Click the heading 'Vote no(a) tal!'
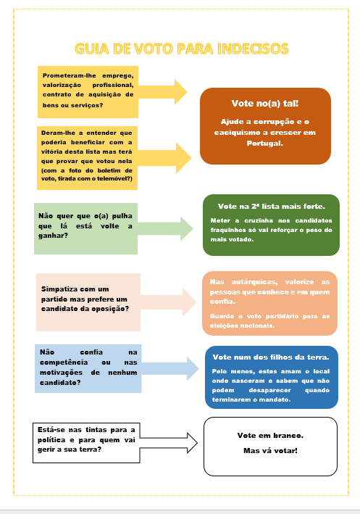coord(264,104)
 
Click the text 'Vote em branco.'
coord(270,435)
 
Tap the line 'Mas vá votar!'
coord(270,451)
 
